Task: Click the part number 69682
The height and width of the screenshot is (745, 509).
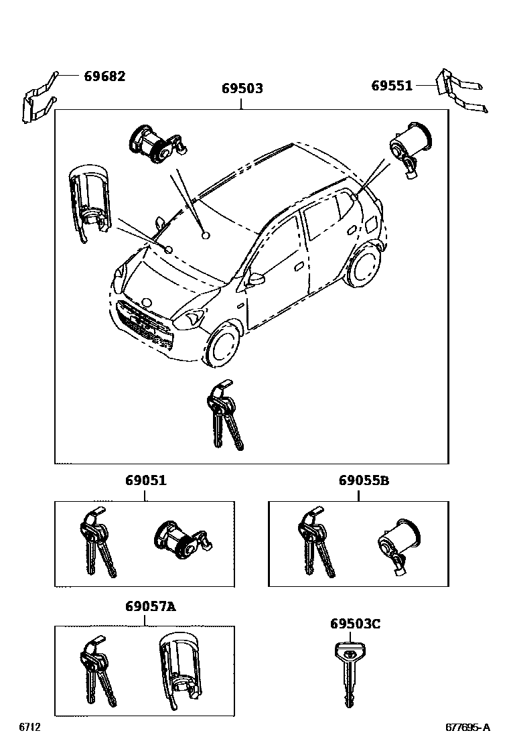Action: tap(104, 76)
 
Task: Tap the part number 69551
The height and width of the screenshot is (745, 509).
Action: tap(392, 85)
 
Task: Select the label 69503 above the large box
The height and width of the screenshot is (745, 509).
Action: tap(242, 88)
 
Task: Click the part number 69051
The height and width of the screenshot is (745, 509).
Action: tap(145, 480)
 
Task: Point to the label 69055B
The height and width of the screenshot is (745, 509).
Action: tap(364, 480)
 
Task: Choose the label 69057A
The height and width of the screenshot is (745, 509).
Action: tap(150, 606)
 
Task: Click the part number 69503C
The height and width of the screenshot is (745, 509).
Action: tap(355, 624)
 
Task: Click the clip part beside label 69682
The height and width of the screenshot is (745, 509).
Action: tap(37, 100)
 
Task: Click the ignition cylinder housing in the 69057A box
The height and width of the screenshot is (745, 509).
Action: tap(177, 670)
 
